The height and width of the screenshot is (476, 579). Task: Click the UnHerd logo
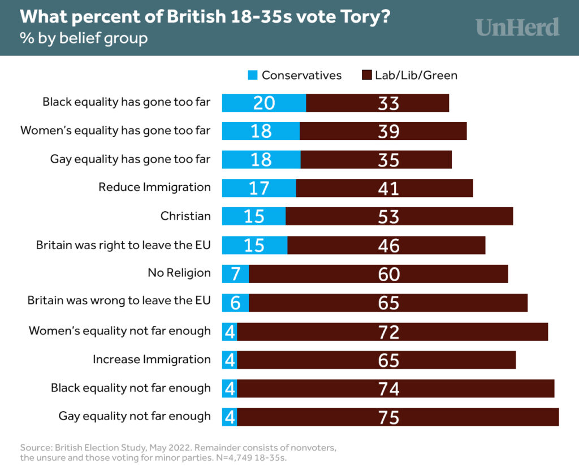point(517,27)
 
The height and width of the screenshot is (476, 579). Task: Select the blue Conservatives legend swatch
point(253,75)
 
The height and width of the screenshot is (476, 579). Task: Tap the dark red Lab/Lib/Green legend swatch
point(366,75)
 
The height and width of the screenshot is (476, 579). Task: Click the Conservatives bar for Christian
point(254,216)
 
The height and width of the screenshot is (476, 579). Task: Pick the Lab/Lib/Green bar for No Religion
point(378,274)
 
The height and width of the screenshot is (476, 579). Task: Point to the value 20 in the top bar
point(264,103)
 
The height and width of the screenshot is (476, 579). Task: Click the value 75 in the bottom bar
point(389,417)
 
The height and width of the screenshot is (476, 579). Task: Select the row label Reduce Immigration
point(154,187)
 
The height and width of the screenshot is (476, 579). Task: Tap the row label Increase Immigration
point(152,359)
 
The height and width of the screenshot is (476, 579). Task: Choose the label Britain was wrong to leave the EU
point(119,301)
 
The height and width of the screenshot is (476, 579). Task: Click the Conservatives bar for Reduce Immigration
point(259,188)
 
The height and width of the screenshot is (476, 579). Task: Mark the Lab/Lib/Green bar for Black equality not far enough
point(395,388)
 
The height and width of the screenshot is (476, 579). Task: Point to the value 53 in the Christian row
point(389,217)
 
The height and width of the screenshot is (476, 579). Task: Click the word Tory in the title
point(362,17)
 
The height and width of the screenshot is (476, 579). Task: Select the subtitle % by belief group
point(84,38)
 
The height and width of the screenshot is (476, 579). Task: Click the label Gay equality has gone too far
point(130,159)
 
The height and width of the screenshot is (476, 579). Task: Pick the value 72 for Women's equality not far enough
point(389,331)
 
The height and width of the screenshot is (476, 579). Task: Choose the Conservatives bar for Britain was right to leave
point(254,245)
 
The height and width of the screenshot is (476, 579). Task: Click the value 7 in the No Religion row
point(236,274)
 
